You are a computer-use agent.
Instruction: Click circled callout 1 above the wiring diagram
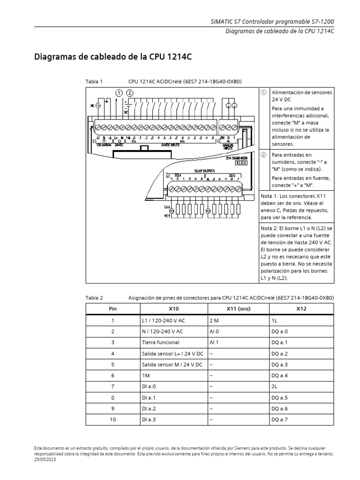click(120, 93)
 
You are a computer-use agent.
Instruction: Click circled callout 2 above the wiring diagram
click(130, 93)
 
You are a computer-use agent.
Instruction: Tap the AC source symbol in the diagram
click(98, 105)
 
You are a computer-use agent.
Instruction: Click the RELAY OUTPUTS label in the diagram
click(204, 171)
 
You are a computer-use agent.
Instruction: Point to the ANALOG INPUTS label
click(228, 146)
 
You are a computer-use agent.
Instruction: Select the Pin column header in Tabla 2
click(112, 308)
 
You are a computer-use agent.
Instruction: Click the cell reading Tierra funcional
click(160, 342)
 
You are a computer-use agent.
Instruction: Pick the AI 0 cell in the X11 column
click(214, 331)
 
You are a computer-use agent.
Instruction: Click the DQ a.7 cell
click(279, 420)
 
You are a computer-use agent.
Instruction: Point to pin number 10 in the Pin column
click(112, 420)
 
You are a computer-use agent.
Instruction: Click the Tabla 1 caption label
click(94, 81)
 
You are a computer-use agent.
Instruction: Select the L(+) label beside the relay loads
click(167, 207)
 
